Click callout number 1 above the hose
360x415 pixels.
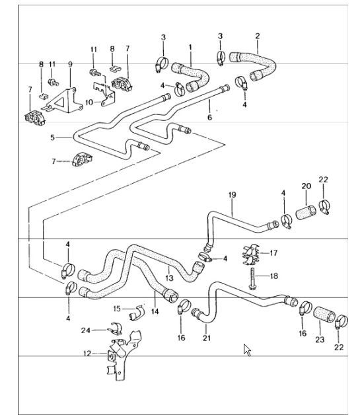tap(190, 48)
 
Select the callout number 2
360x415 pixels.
tap(257, 36)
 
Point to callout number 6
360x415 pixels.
tap(210, 117)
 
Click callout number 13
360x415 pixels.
tap(169, 278)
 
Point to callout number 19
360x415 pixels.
tap(232, 194)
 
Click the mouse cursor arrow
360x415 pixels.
tap(248, 349)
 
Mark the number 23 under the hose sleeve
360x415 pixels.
tap(320, 339)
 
